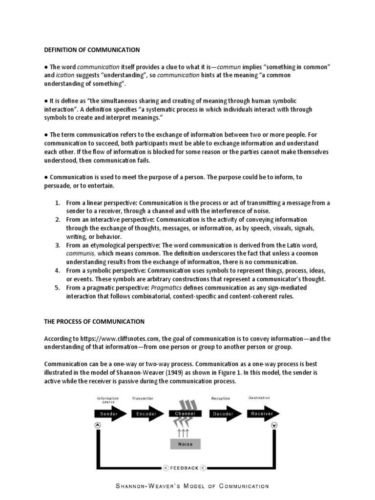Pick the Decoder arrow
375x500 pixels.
[224, 414]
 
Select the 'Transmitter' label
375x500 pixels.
[143, 398]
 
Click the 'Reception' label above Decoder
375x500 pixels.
[220, 398]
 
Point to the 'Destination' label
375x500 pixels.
[259, 398]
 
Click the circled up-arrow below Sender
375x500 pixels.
[98, 425]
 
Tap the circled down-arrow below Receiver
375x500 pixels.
[274, 425]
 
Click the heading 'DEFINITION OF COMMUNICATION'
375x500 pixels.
[92, 50]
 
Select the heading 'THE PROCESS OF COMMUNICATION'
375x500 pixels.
[94, 321]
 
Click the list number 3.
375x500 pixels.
[57, 245]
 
